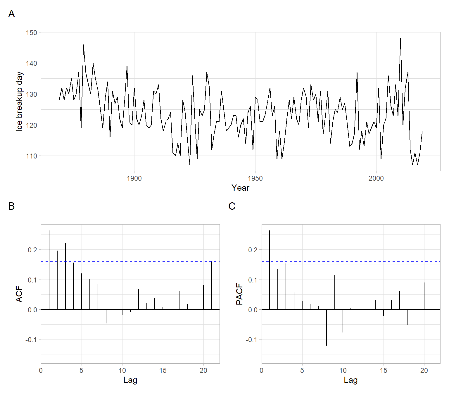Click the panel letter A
11,14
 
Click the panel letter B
11,206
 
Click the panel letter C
232,206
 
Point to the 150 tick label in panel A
32,33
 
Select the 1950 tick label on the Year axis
255,178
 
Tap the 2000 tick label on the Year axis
376,178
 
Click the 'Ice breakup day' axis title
19,101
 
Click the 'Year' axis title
240,188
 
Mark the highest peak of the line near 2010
400,39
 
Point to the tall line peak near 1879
83,45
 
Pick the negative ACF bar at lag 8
106,316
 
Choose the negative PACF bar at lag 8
327,327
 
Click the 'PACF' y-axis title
239,294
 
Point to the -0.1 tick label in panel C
252,340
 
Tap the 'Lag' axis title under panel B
130,380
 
